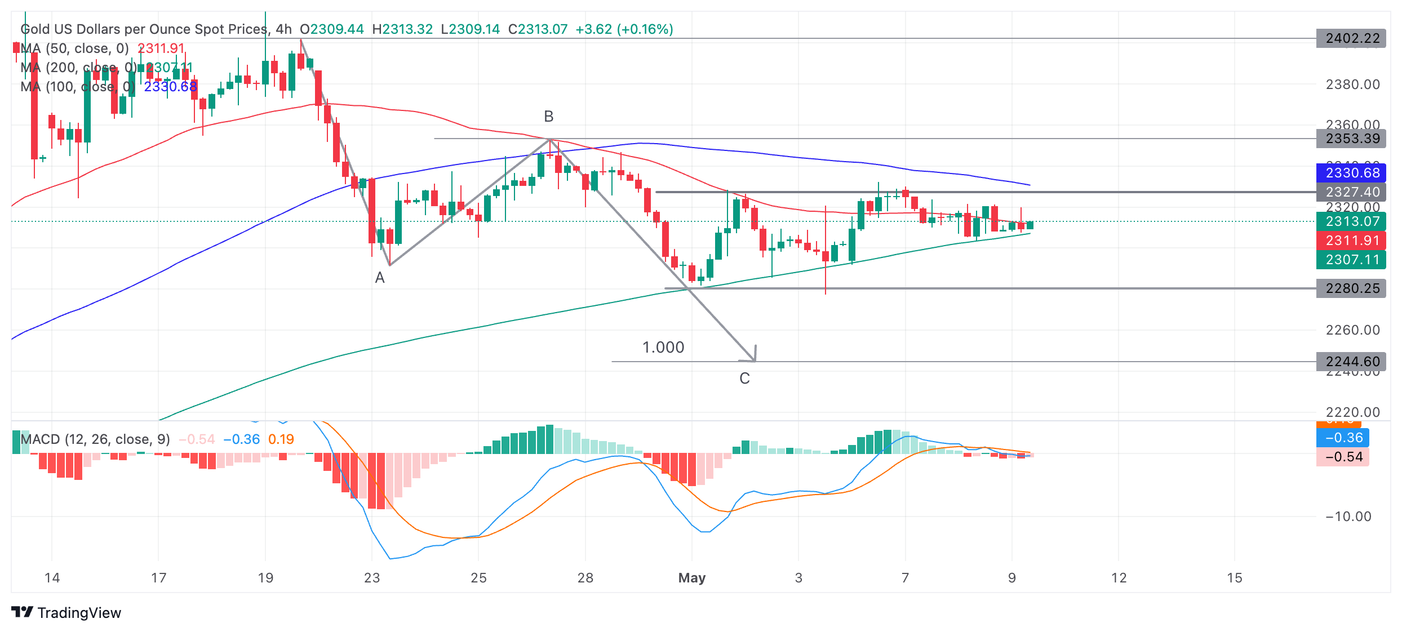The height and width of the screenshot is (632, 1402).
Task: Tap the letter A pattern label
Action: (380, 278)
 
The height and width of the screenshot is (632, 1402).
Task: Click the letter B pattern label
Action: (549, 117)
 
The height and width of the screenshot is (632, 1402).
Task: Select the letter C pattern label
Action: (744, 379)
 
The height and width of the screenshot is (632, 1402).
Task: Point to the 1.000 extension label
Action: (663, 348)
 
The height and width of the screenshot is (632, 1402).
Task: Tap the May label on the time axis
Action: (692, 578)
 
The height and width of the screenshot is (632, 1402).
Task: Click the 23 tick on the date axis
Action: (372, 578)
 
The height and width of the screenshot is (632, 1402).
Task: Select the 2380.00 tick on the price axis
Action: (1352, 84)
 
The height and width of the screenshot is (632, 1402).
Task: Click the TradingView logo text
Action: (79, 613)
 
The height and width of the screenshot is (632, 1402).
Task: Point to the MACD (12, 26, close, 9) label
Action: (95, 439)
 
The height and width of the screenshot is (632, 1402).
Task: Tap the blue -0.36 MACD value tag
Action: (1343, 438)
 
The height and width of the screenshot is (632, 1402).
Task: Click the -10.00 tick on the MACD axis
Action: (1348, 517)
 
